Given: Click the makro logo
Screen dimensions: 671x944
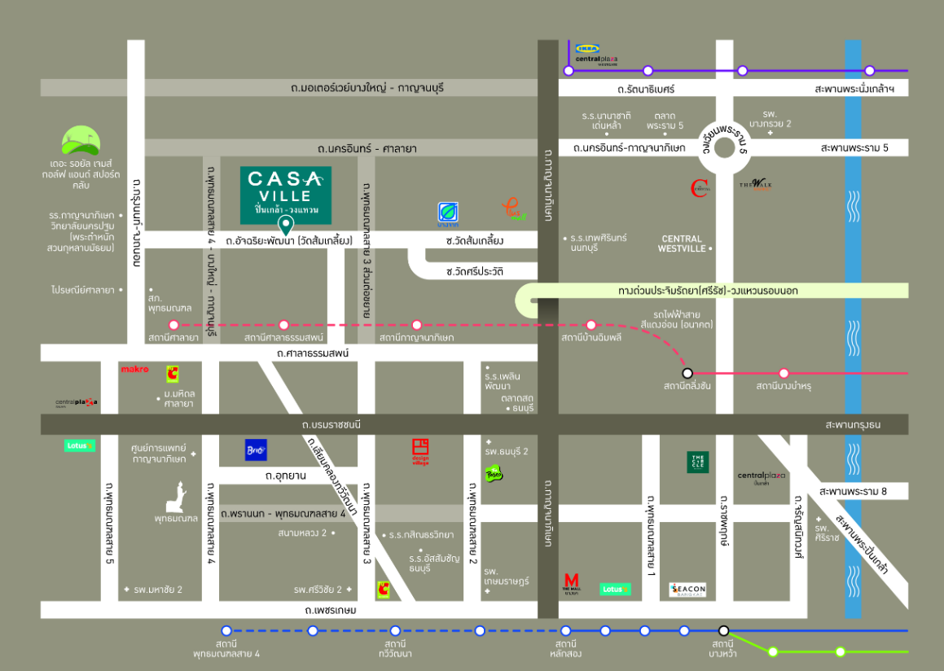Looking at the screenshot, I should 134,370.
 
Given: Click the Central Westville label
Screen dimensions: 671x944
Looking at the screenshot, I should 681,243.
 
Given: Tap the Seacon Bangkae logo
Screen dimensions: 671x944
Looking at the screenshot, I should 687,590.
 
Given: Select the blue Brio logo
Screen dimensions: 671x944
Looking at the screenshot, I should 256,450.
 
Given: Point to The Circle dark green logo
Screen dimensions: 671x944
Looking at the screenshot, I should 698,462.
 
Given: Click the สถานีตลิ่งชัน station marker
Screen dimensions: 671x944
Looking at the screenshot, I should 687,373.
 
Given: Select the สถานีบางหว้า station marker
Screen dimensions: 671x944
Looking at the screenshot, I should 723,630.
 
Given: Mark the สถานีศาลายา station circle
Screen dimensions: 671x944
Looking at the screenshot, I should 173,325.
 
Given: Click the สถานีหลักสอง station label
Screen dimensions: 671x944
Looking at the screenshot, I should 564,648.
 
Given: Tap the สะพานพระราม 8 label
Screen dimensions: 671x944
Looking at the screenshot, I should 852,491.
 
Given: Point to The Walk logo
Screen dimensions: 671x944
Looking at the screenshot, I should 755,184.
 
